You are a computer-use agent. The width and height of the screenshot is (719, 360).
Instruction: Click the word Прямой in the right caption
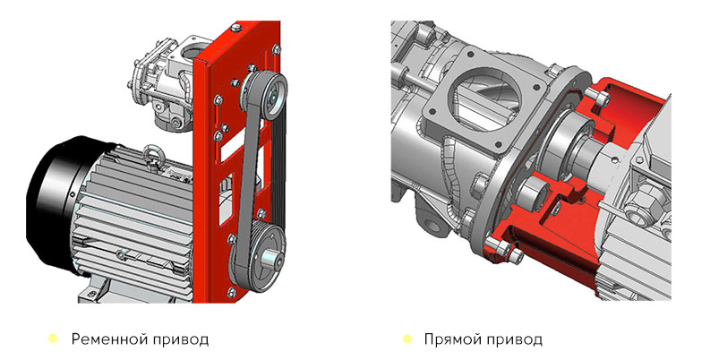tap(452, 339)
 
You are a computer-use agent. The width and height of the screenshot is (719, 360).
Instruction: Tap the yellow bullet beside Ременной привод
tap(53, 339)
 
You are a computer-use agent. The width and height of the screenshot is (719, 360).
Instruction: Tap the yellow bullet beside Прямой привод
tap(407, 339)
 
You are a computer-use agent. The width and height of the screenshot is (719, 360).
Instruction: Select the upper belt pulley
tap(269, 94)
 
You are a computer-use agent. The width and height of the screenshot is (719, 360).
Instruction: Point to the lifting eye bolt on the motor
tap(150, 154)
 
